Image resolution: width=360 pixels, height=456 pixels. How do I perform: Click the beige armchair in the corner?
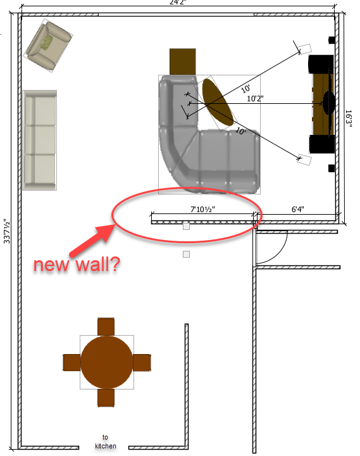[48, 46]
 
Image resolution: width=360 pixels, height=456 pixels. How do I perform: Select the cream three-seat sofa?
[39, 140]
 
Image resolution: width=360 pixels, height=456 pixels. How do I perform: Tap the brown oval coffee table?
[218, 103]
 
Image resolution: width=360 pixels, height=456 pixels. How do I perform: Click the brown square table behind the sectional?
[182, 61]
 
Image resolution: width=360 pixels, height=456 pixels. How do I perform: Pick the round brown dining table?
[107, 362]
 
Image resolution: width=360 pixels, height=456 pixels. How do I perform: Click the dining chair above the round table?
[106, 327]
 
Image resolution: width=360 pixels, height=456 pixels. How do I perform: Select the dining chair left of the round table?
[71, 362]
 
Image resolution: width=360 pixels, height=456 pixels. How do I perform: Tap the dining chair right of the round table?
[142, 362]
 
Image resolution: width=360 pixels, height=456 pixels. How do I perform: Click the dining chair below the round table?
[106, 398]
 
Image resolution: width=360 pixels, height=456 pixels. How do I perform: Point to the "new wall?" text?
[77, 265]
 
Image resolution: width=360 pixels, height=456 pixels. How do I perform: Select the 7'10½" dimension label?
[202, 210]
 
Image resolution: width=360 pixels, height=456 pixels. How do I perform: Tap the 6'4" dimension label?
[297, 210]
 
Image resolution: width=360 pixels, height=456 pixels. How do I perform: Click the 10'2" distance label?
[255, 99]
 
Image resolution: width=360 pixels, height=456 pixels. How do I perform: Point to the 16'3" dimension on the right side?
[349, 118]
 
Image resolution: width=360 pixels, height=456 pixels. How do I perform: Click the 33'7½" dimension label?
[7, 231]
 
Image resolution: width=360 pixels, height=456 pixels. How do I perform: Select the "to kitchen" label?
[105, 441]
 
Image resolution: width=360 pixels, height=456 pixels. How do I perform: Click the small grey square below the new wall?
[186, 255]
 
